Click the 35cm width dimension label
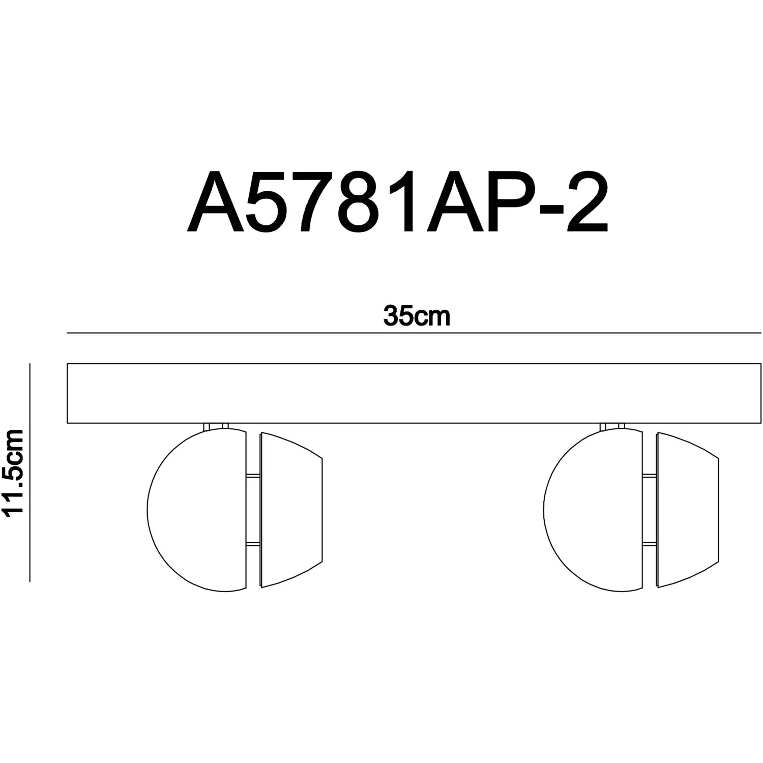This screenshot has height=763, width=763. [x=417, y=316]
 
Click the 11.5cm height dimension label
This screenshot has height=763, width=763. [x=13, y=473]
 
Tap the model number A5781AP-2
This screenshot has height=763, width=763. [x=397, y=201]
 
